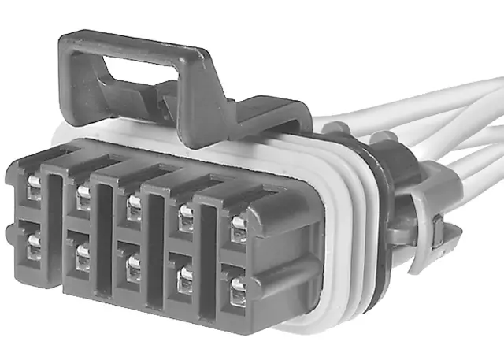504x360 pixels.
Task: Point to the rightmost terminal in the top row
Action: [x=237, y=224]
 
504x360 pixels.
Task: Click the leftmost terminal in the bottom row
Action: [x=33, y=243]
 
